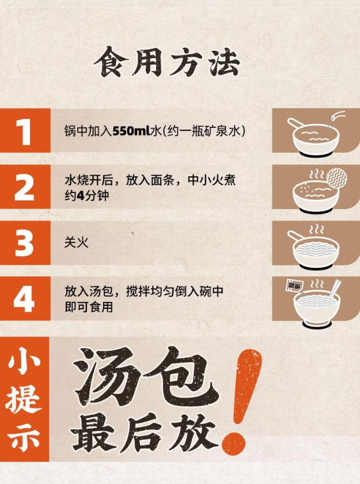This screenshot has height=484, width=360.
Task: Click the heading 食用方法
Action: [x=167, y=62]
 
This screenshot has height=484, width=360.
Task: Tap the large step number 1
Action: [x=24, y=132]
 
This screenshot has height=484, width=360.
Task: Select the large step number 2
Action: [x=24, y=187]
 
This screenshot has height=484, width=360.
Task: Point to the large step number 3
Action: [x=24, y=243]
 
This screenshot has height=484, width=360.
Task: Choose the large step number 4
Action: [x=24, y=298]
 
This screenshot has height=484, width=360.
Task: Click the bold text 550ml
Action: [x=131, y=131]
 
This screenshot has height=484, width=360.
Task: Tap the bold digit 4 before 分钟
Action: [x=80, y=195]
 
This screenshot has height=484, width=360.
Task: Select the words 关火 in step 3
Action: [x=76, y=242]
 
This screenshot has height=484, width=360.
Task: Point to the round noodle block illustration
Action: [x=336, y=178]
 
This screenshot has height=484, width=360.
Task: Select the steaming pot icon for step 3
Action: [x=313, y=248]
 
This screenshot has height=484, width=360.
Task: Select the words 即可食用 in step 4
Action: [x=89, y=307]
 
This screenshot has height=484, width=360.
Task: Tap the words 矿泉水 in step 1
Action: [x=223, y=131]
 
